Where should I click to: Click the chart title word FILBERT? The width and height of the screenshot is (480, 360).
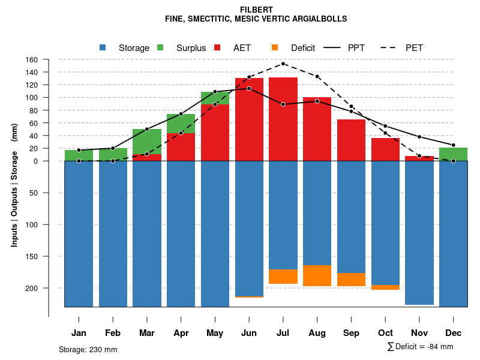pos(256,10)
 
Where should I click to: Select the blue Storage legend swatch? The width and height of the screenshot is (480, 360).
pos(103,47)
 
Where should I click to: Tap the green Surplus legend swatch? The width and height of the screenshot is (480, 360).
pos(160,47)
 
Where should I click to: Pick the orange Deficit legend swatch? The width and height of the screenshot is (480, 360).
pos(275,47)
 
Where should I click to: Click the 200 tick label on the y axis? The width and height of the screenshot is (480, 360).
pos(32,288)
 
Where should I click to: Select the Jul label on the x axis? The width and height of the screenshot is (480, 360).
pos(283,333)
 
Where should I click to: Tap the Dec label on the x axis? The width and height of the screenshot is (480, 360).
pos(454,333)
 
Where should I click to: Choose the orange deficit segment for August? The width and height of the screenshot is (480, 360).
pos(317,275)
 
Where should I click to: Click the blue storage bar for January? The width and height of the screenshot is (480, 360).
pos(79,234)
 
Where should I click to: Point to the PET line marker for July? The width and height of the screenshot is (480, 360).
pos(283,64)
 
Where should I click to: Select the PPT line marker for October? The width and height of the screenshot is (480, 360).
pos(385,126)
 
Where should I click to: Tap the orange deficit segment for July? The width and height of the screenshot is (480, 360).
pos(283,277)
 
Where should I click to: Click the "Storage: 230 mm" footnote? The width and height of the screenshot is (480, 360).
pos(88,349)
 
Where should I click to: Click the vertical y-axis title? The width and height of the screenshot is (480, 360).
pos(14,189)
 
